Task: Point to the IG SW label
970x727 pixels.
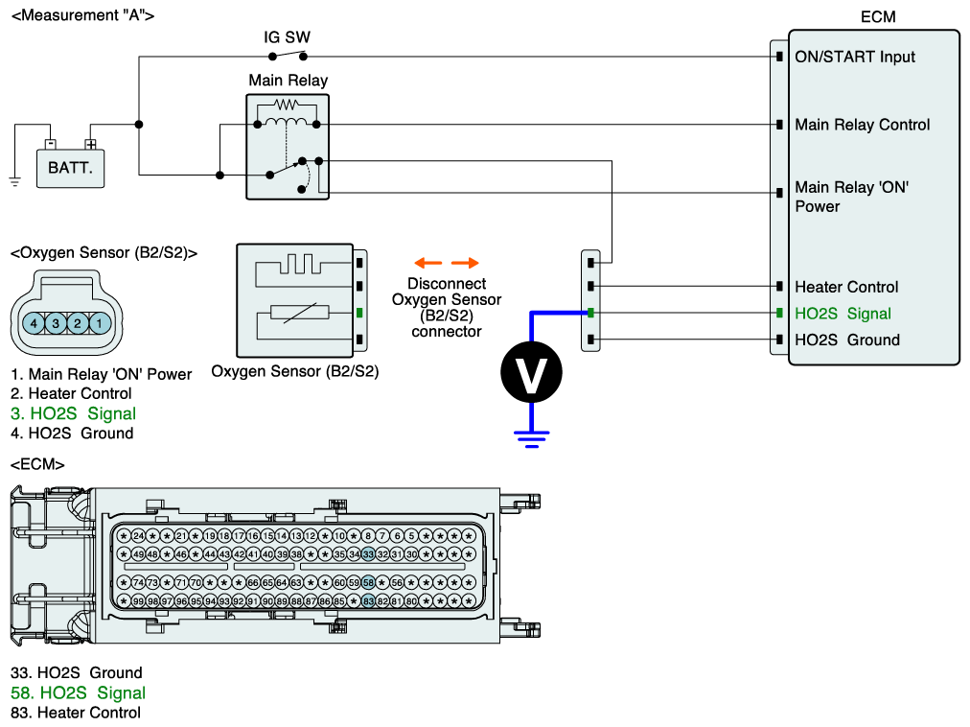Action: pos(287,37)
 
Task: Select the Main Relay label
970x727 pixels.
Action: pos(288,81)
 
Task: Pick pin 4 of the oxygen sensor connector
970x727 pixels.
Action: pos(35,324)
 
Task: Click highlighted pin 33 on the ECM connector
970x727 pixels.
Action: pos(368,554)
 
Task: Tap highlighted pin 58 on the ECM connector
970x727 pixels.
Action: pos(368,582)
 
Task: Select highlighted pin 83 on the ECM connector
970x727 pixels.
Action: pos(368,601)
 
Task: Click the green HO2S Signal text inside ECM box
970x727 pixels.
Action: pos(843,314)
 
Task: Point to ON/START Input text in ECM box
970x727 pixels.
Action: pos(855,57)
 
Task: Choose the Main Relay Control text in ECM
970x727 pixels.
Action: pos(862,125)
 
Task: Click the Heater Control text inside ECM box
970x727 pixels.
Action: pos(846,287)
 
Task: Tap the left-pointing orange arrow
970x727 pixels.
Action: pos(427,263)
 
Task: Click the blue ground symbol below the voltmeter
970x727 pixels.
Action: pos(529,438)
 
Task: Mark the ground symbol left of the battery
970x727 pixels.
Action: pos(15,181)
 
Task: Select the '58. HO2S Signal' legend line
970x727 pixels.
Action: pos(78,692)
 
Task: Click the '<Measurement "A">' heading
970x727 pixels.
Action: pos(81,15)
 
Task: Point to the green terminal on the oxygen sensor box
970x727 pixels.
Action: pos(359,313)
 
